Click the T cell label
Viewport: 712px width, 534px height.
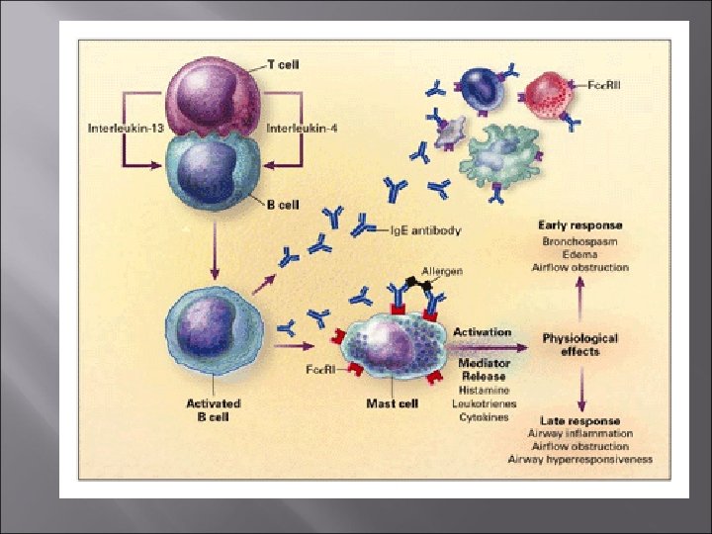[x=285, y=64]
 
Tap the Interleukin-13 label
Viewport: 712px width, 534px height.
[x=119, y=127]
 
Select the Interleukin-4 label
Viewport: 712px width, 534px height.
[x=302, y=127]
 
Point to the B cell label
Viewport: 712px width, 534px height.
[x=285, y=206]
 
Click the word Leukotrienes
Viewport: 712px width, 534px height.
[x=483, y=403]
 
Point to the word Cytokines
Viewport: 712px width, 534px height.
[x=483, y=416]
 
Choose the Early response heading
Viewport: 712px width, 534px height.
[x=579, y=226]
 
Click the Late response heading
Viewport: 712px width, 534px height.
[x=579, y=420]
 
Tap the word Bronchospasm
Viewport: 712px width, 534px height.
[x=579, y=241]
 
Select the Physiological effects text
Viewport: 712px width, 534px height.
[x=579, y=344]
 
